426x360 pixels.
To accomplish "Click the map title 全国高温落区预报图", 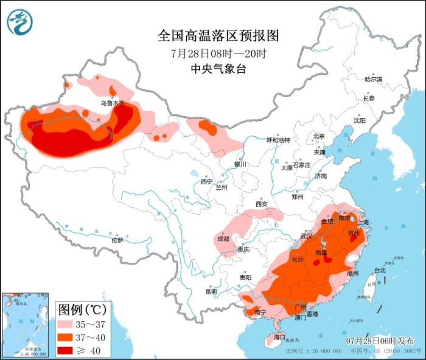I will point(218,35).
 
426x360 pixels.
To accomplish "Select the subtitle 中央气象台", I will point(218,69).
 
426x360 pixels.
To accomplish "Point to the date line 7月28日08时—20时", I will point(218,53).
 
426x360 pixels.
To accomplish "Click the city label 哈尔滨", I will point(373,80).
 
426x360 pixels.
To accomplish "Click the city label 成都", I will point(223,239).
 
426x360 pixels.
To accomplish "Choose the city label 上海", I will point(364,223).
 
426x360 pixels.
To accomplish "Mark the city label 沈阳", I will point(360,120).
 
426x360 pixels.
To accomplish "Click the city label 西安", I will point(262,204).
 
